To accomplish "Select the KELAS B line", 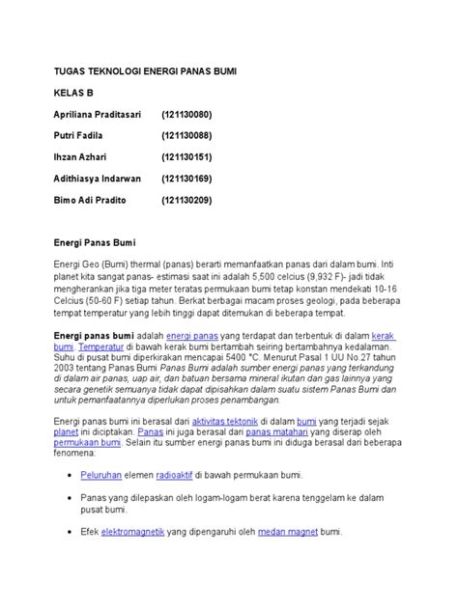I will pos(75,94).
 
